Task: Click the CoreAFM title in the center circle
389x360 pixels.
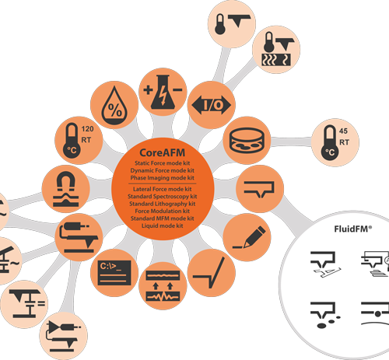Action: point(163,152)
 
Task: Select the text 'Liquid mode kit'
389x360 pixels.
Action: point(163,225)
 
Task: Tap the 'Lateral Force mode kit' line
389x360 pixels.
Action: point(163,189)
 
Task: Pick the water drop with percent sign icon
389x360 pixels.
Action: point(114,106)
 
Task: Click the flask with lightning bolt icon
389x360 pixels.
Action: point(163,93)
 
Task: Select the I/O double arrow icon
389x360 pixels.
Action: point(212,105)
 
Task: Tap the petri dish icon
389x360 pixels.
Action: point(247,140)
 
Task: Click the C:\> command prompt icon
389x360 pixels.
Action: point(114,273)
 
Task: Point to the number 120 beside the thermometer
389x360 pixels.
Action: point(87,129)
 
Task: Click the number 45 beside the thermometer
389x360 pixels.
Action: point(343,131)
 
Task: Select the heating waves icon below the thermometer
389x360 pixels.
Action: point(276,60)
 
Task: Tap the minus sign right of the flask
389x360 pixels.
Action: point(177,90)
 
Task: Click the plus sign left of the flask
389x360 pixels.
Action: point(148,90)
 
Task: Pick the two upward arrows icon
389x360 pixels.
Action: point(163,286)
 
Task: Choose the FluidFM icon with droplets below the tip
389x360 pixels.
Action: point(325,315)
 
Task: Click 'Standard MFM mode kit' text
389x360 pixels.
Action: point(163,218)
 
